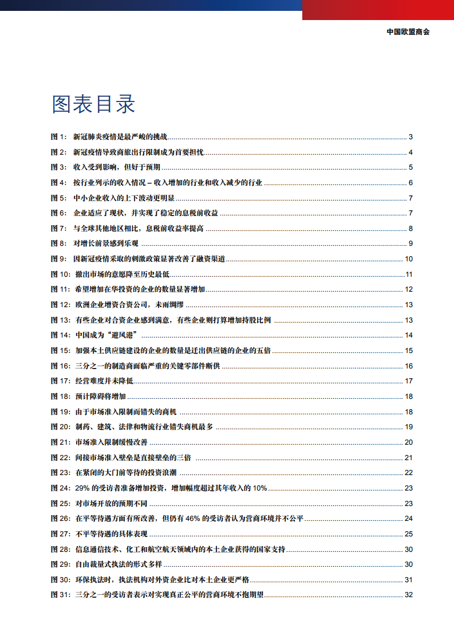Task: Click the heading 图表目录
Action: (93, 104)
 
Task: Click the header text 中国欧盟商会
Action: (408, 32)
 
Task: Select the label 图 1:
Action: (59, 137)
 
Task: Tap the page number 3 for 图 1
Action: (410, 137)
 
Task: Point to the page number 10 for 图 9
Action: (408, 259)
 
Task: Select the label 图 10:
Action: (61, 275)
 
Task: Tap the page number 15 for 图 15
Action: (408, 351)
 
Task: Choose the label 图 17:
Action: (61, 381)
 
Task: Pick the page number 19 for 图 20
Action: (408, 427)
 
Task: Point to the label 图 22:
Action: (61, 457)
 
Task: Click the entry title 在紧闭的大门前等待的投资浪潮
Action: (128, 473)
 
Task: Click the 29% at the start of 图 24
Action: (83, 488)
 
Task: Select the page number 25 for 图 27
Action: (408, 534)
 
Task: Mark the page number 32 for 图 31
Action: (408, 595)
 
